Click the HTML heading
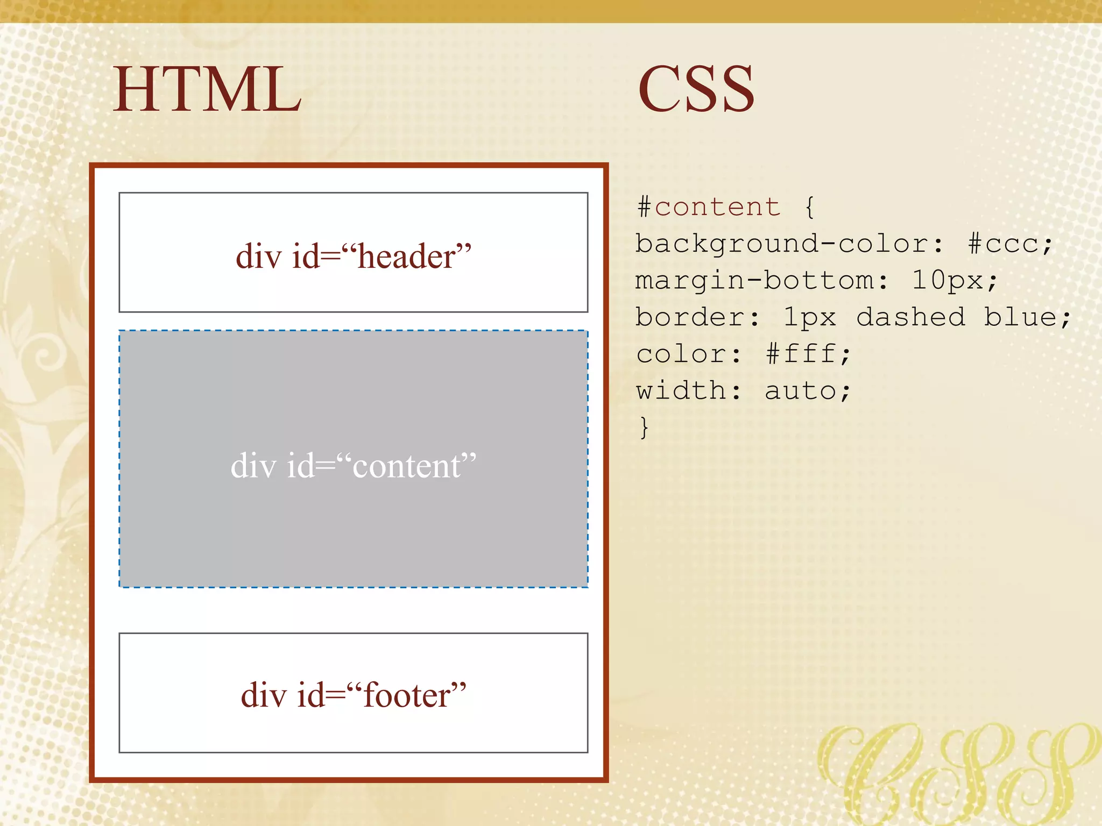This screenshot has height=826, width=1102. [x=207, y=89]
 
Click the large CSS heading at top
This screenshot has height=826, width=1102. [x=696, y=89]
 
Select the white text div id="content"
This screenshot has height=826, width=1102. [x=354, y=465]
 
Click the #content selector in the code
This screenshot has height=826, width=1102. [x=709, y=207]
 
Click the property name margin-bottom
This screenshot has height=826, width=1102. [x=754, y=281]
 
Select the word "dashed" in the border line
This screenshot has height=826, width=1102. [x=910, y=317]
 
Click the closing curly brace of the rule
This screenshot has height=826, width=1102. [x=644, y=428]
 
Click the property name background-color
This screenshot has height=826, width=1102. [x=781, y=244]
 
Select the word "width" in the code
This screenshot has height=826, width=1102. [x=681, y=390]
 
